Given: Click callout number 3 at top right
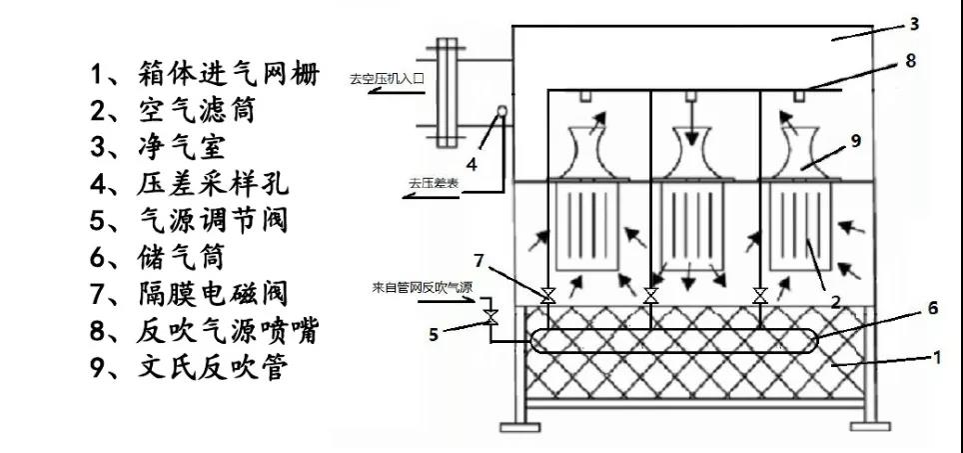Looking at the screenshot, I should (914, 22).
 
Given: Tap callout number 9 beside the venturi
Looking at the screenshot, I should (854, 141).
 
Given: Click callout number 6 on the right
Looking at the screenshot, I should (932, 310).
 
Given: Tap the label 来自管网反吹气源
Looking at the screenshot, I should (423, 288).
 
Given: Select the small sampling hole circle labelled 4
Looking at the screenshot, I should (501, 113).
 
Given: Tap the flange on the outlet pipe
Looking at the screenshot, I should (444, 90).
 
